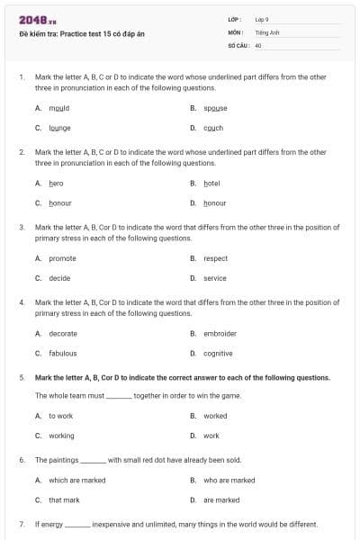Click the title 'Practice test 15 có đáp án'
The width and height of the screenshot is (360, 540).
tap(81, 33)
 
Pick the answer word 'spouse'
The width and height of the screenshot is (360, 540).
tap(215, 107)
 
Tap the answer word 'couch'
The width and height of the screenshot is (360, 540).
tap(213, 128)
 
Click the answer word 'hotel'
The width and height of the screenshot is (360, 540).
tap(211, 183)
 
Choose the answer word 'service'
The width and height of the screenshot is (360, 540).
tap(215, 278)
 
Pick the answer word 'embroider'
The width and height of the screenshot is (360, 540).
tap(220, 334)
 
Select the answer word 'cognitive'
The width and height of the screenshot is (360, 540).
tap(218, 354)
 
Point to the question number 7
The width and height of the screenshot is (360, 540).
tap(21, 524)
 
